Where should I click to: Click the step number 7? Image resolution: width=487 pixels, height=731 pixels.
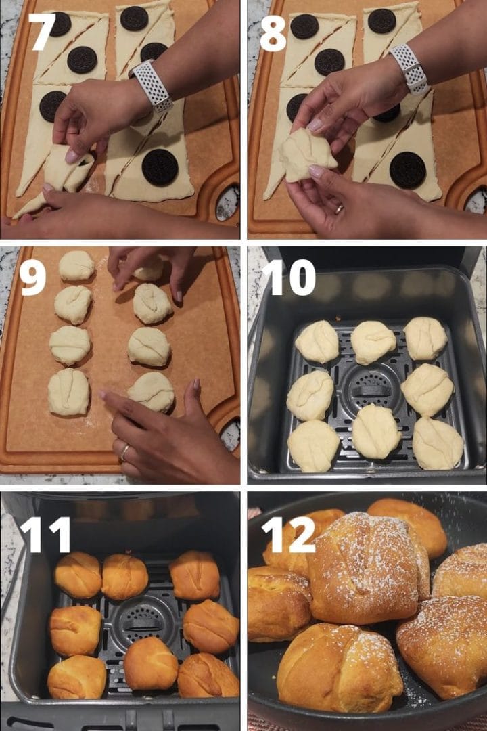pos(41,32)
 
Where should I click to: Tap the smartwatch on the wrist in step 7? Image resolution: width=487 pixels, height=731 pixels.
pos(152,85)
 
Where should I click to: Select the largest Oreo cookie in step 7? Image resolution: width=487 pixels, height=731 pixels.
pos(160,167)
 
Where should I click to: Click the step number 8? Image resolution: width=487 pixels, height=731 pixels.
pos(273,32)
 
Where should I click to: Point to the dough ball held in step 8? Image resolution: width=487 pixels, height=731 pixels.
pos(308,154)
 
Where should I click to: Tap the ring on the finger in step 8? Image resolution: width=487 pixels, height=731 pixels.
pos(339,209)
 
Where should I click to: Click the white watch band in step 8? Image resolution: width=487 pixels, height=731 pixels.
pos(409,68)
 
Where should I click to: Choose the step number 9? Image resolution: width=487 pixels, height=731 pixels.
pos(33,278)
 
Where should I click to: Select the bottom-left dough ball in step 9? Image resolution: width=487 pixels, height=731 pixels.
pos(68,392)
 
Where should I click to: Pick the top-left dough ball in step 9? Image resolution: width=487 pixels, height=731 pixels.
pos(76,265)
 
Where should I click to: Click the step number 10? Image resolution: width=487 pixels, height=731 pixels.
pos(289,278)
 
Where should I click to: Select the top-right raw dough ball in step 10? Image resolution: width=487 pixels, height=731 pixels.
pos(425,338)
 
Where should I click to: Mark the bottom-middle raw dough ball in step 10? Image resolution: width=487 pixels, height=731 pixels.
pos(376,431)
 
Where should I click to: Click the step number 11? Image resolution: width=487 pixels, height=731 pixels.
pos(45,535)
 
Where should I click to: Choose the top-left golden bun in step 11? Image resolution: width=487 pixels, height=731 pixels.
pos(78,574)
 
